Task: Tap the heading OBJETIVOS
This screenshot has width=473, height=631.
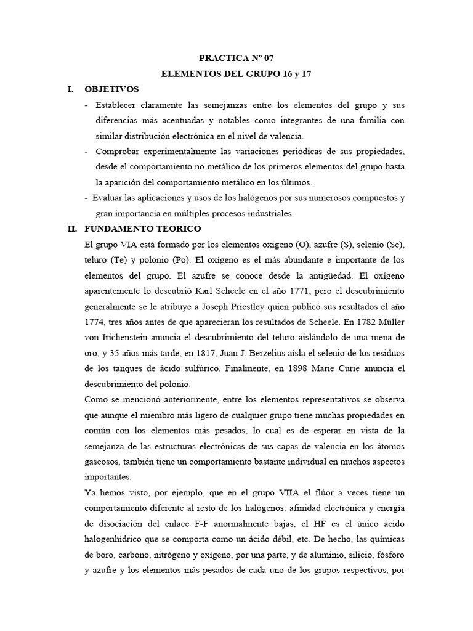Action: [x=111, y=89]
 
